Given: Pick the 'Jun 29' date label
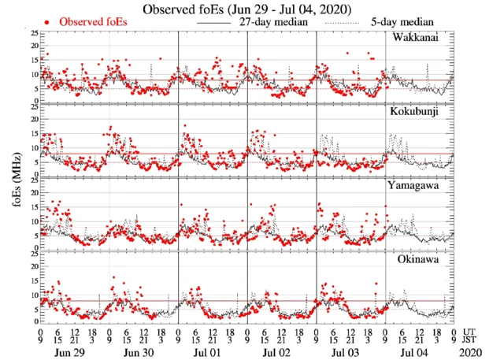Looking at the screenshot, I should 65,353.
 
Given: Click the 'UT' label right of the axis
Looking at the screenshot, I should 471,332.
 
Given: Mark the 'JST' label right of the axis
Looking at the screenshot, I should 472,341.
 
